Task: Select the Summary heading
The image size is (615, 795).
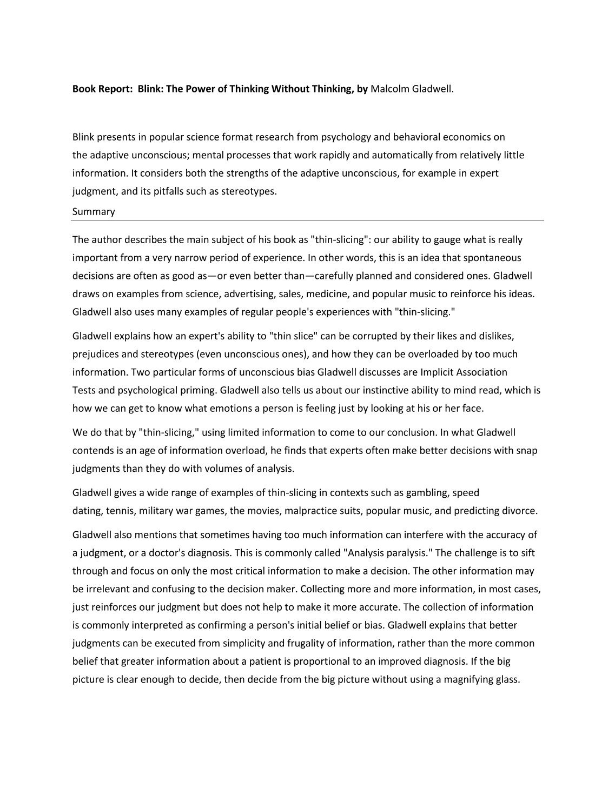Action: point(94,211)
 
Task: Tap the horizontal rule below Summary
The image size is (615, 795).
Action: point(308,221)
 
